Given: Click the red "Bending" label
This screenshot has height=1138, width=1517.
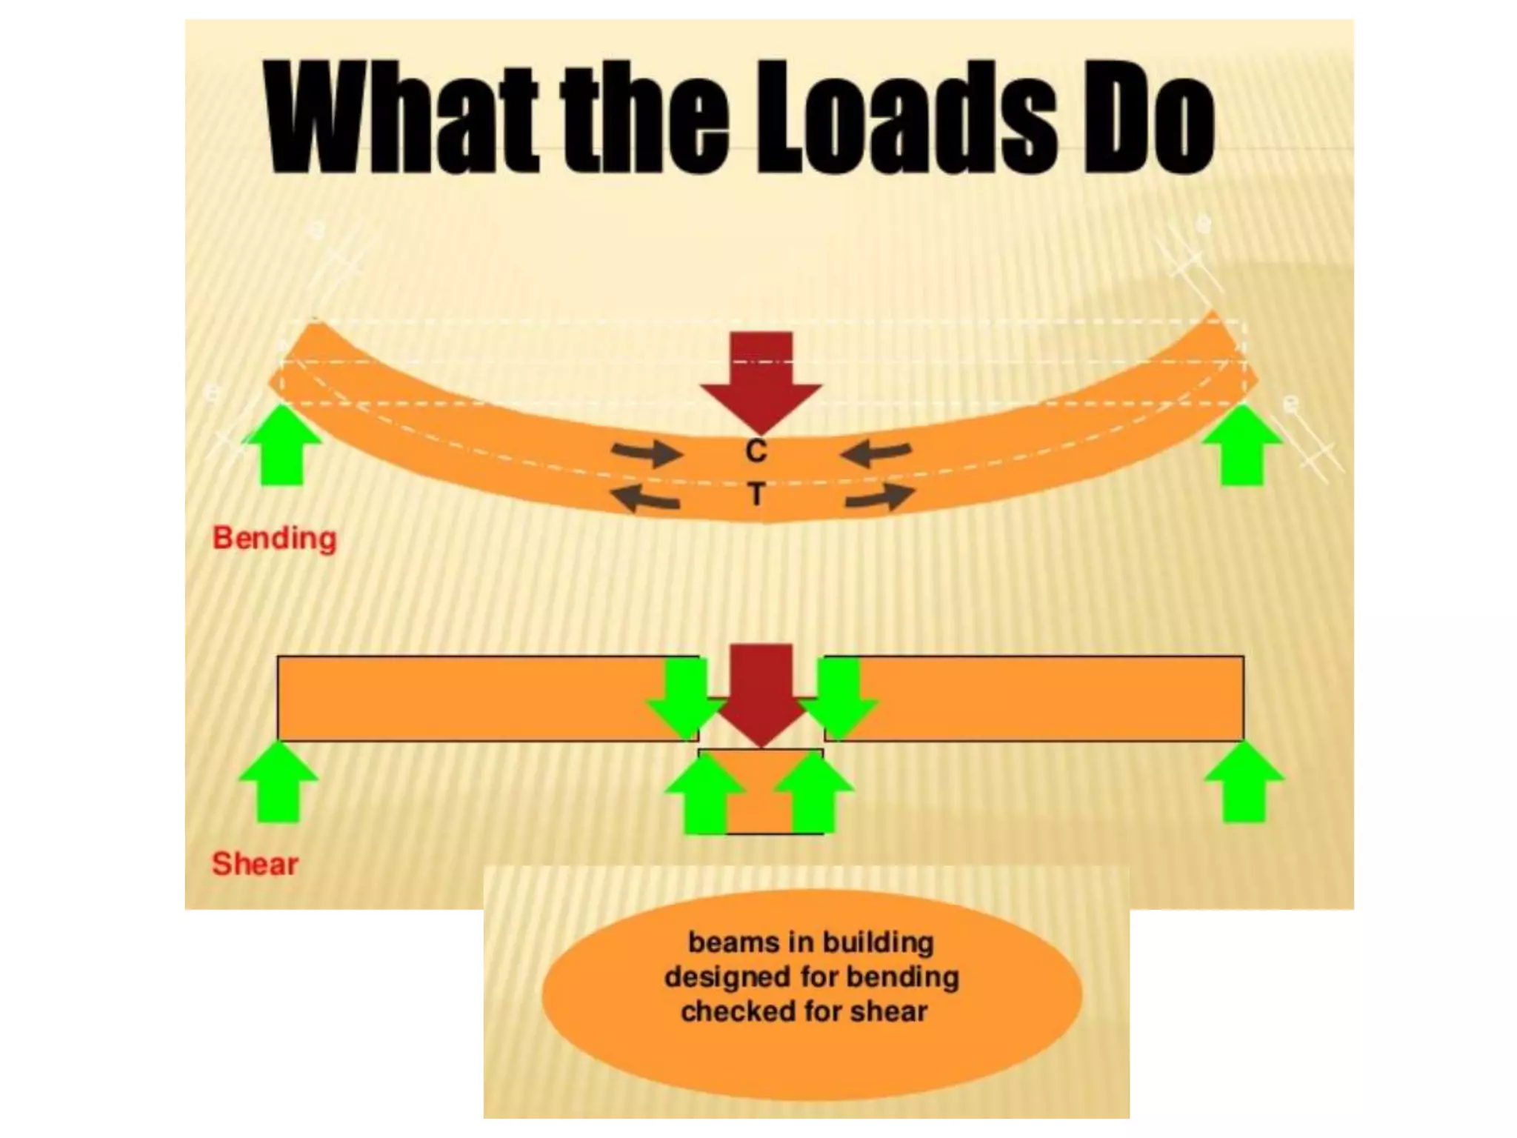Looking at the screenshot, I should pyautogui.click(x=275, y=539).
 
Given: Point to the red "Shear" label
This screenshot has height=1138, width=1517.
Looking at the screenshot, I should pyautogui.click(x=256, y=864).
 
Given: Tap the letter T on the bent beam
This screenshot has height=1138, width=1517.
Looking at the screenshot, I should pyautogui.click(x=756, y=494).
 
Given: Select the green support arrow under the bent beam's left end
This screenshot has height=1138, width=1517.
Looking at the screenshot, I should pyautogui.click(x=282, y=445).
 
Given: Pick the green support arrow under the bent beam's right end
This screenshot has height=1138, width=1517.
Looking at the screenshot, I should pyautogui.click(x=1242, y=445).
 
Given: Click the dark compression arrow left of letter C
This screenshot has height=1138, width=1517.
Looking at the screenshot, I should pyautogui.click(x=647, y=453).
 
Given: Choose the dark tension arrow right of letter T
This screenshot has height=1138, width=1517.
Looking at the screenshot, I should pyautogui.click(x=879, y=497).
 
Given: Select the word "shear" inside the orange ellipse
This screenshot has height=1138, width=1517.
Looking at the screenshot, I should pyautogui.click(x=889, y=1011).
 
